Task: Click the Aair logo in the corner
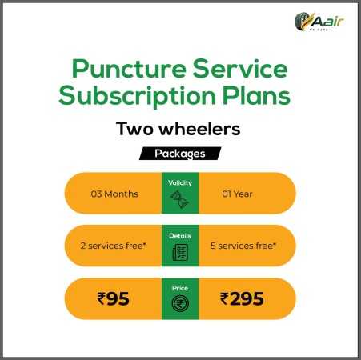click(319, 22)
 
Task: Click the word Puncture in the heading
click(129, 69)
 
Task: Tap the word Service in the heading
click(240, 68)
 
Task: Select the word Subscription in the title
click(138, 96)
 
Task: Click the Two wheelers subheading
click(178, 129)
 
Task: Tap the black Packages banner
click(180, 154)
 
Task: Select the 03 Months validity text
click(114, 194)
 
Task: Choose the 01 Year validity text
click(237, 194)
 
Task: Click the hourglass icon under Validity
click(179, 199)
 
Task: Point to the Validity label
click(180, 182)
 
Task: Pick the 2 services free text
click(114, 246)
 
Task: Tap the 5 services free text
click(243, 246)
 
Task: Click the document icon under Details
click(180, 252)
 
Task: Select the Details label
click(180, 236)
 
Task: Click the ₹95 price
click(113, 298)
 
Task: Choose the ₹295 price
click(242, 298)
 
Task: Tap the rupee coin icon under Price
click(180, 303)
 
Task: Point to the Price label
click(180, 288)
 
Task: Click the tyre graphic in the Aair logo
click(302, 22)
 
